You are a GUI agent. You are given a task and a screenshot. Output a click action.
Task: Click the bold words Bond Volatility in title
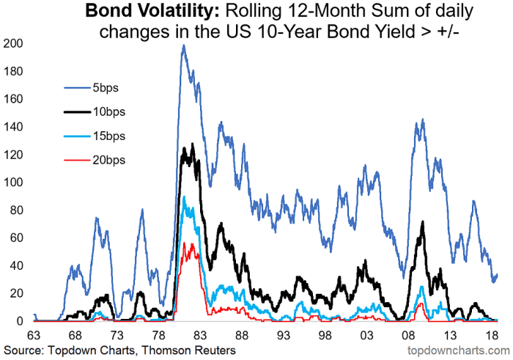(144, 12)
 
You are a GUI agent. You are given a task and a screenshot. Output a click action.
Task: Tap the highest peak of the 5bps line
(183, 45)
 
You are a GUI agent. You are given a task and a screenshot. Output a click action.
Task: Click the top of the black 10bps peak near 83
(191, 144)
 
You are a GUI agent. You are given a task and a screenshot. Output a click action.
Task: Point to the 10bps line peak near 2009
(422, 221)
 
